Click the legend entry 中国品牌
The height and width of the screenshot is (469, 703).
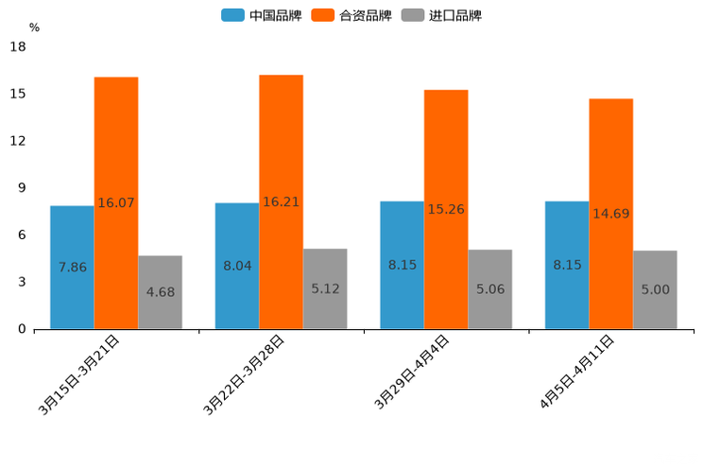click(x=261, y=15)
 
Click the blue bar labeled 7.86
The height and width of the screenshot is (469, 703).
click(x=72, y=268)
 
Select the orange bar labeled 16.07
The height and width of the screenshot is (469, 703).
click(x=116, y=203)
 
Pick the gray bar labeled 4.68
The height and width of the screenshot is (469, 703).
click(x=160, y=292)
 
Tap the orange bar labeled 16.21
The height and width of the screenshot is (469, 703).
click(x=281, y=202)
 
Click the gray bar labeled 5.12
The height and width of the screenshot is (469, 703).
click(x=325, y=288)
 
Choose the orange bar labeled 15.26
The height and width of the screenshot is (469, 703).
click(x=446, y=210)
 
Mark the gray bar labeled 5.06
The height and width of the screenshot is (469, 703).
click(x=489, y=289)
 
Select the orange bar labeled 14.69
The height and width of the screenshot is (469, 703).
click(x=610, y=214)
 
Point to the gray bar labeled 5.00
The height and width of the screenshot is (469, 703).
click(x=655, y=289)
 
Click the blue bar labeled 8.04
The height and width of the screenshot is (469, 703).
click(x=236, y=266)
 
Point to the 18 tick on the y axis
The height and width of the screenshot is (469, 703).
click(x=18, y=47)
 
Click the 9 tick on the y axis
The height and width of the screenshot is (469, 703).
click(x=22, y=188)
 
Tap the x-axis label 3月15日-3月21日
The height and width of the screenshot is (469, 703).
click(x=79, y=374)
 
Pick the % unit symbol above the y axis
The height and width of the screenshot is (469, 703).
click(x=34, y=27)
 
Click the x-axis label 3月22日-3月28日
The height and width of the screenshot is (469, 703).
click(x=245, y=374)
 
